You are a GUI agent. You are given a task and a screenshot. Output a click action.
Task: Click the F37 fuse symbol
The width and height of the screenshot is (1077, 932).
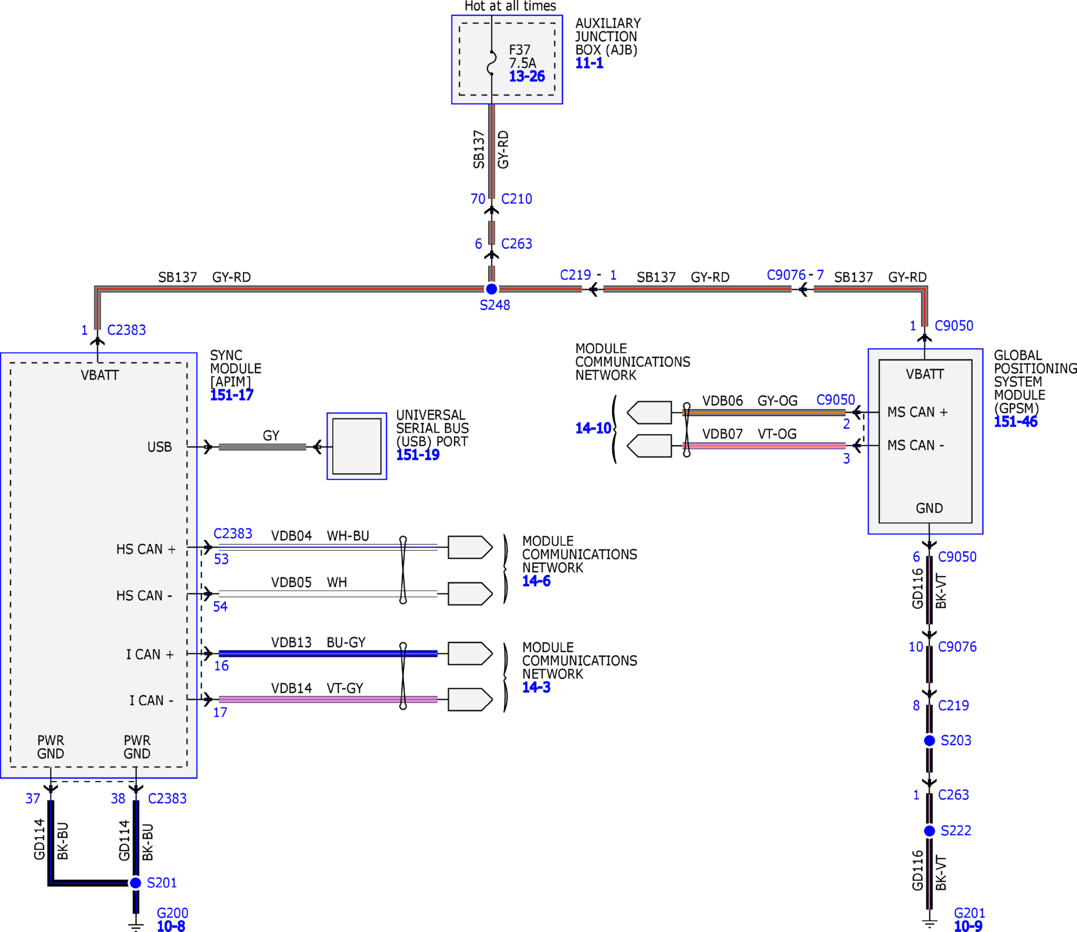tap(491, 63)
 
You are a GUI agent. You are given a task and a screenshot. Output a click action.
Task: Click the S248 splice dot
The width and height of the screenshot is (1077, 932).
tap(491, 289)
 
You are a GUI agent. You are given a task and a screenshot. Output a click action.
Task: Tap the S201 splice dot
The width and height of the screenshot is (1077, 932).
tap(136, 882)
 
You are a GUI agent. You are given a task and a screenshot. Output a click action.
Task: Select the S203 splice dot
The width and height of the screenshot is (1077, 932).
tap(929, 740)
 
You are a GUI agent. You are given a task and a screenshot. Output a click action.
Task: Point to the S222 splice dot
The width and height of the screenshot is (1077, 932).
tap(929, 830)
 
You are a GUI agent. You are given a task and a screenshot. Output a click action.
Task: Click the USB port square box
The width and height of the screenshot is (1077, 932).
tap(357, 446)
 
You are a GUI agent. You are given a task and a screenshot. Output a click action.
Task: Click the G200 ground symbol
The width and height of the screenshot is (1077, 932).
tap(136, 925)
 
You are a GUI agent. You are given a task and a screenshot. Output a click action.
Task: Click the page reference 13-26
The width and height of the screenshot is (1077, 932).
tap(526, 76)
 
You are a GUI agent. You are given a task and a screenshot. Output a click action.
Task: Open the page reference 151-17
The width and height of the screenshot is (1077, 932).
tap(232, 395)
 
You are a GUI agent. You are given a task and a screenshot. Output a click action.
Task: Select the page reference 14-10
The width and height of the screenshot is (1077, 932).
tap(593, 428)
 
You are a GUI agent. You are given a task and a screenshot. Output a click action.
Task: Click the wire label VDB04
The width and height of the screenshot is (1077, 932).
tap(291, 536)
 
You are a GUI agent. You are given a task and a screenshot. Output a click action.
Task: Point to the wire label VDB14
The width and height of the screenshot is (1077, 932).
tap(291, 688)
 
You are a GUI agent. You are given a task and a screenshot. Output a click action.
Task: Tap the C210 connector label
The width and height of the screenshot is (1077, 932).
tap(517, 199)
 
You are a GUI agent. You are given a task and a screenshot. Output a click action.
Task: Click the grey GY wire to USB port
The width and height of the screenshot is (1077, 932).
tap(262, 447)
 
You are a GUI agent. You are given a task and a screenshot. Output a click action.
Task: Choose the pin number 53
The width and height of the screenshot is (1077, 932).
tap(221, 559)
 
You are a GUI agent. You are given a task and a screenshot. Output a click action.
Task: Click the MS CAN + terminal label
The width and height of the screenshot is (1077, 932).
tap(917, 412)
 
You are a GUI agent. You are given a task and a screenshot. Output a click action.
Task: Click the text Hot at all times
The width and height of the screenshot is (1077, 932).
tap(510, 6)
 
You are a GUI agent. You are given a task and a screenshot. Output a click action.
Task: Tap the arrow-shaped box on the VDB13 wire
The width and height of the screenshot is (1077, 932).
tap(470, 653)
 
